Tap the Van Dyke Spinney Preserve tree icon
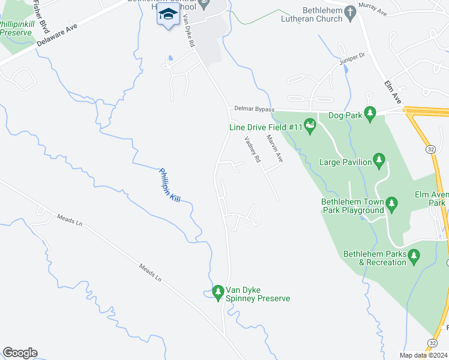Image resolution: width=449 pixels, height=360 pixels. click(x=218, y=292)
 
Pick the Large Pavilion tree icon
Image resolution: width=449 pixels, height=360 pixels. click(x=379, y=160)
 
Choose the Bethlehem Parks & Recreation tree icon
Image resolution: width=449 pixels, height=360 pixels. click(x=414, y=257)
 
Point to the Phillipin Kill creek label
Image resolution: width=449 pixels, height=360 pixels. click(x=169, y=185)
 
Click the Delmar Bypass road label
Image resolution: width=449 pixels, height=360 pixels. click(x=255, y=109)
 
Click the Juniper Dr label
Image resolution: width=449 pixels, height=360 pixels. click(x=352, y=58)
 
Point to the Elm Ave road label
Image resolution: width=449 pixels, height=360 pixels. click(x=391, y=89)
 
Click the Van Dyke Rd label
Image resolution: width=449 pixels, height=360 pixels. click(x=188, y=31)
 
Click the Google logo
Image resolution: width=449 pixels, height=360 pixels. click(x=20, y=353)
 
